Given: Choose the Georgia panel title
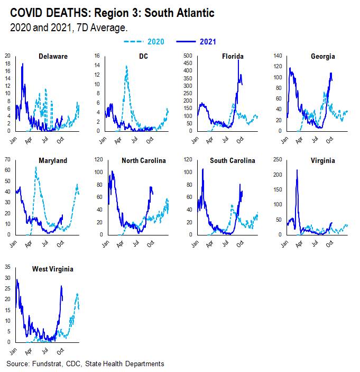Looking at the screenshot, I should pos(323,57).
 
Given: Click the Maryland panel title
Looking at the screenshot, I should pos(52,160).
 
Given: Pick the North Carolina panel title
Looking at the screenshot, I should pos(144,160).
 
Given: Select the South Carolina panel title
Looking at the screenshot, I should pos(233,160).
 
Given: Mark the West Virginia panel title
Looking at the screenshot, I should pos(53,269).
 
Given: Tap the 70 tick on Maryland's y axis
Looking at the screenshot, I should pos(7,159).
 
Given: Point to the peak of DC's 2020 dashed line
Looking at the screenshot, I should pos(127,66).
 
